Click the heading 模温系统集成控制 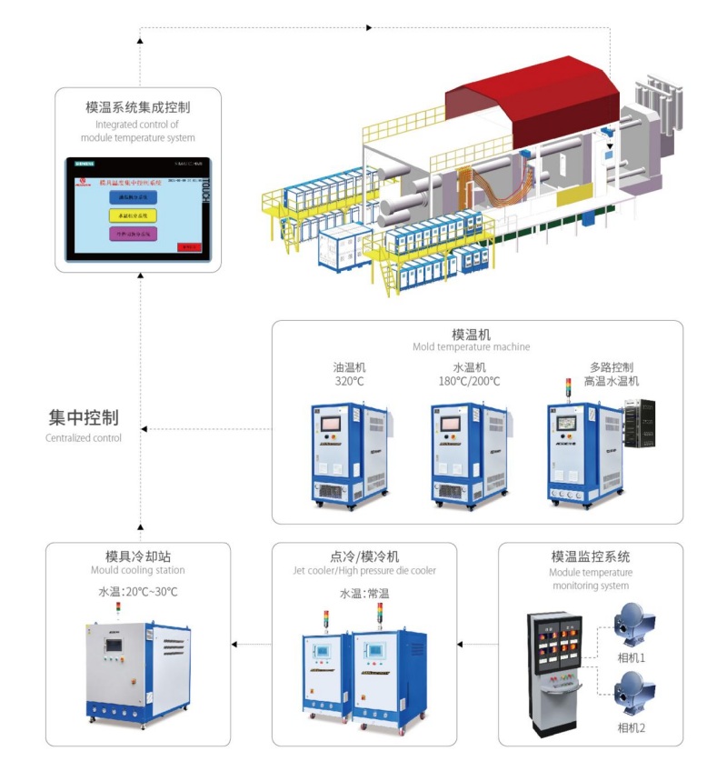(137, 106)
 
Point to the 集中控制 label (83, 418)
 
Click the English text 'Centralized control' (83, 438)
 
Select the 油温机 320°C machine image (349, 452)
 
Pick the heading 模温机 (472, 334)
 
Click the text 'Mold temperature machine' (472, 347)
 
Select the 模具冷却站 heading (137, 556)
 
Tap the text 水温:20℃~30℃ (137, 592)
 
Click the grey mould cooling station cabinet (138, 668)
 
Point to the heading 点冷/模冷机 (364, 556)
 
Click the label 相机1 (631, 657)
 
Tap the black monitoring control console (554, 673)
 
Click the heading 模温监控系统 (591, 556)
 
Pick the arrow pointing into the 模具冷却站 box (236, 645)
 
